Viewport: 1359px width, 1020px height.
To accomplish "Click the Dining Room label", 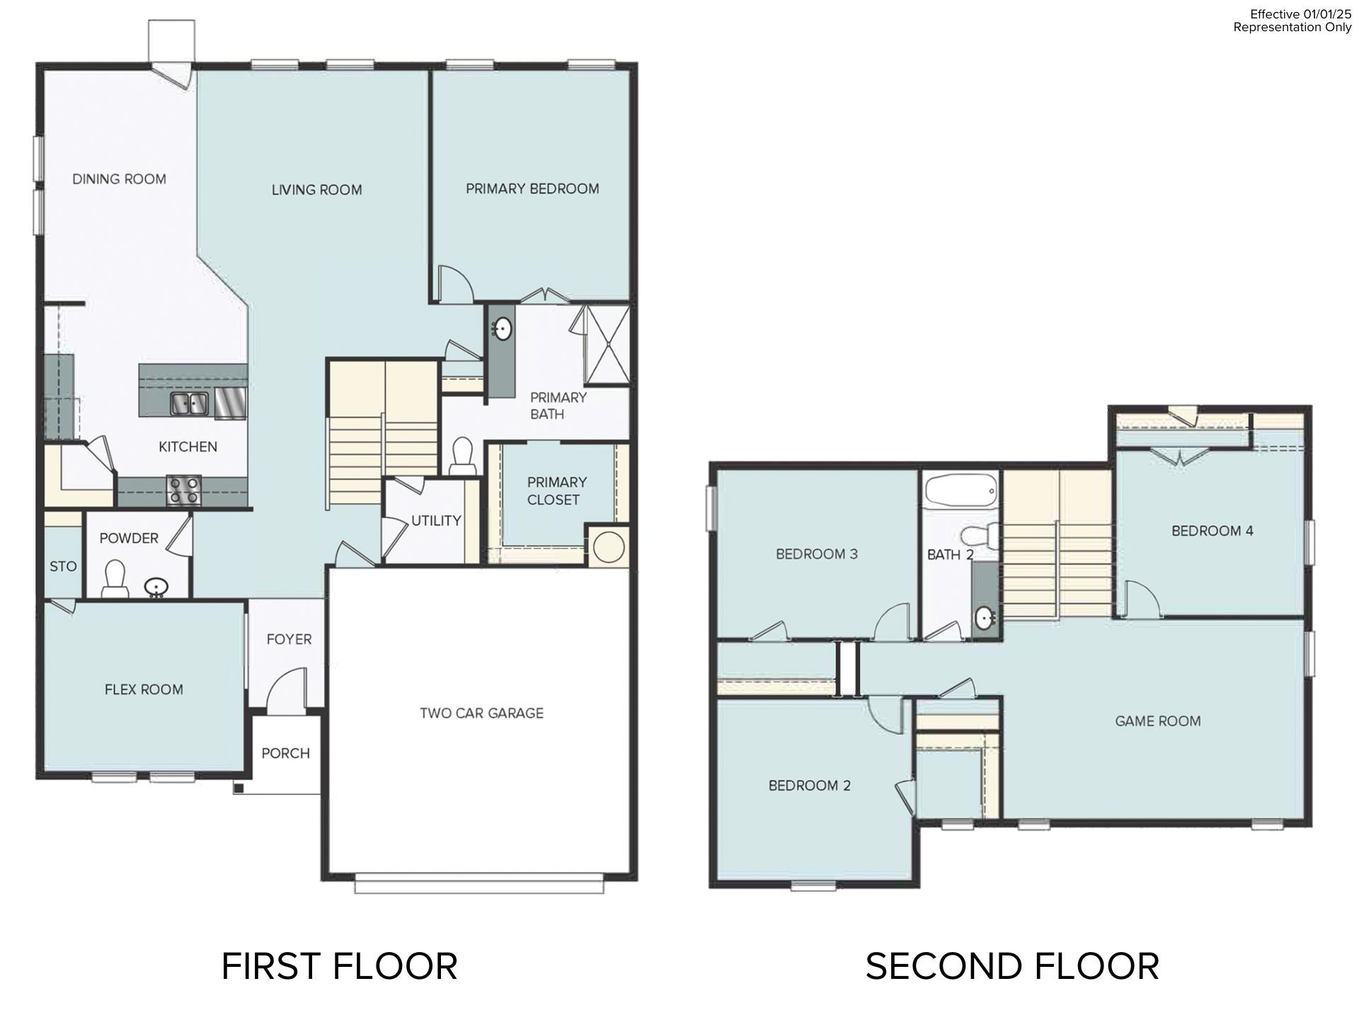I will point(119,179).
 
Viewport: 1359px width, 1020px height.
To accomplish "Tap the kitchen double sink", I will point(189,404).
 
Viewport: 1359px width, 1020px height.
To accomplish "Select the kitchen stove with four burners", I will point(183,490).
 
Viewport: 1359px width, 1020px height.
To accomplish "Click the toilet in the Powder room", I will point(114,577).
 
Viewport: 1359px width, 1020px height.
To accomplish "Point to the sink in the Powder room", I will point(156,587).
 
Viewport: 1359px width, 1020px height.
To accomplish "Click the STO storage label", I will point(63,566).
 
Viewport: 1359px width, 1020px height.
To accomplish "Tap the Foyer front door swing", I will point(287,691).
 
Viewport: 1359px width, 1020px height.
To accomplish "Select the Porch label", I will point(285,753).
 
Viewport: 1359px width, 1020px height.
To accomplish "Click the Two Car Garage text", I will point(481,713).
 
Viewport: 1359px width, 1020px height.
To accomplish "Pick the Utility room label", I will point(436,521).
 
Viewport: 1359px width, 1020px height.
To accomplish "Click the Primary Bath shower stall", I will point(607,345).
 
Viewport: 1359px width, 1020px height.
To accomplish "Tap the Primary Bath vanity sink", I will point(503,329).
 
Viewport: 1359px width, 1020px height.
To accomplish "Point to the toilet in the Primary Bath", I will point(462,455).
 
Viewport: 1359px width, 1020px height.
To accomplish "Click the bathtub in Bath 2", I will point(961,490).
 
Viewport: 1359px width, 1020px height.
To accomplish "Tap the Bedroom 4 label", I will point(1212,531).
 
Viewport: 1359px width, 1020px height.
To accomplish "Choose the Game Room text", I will point(1157,721).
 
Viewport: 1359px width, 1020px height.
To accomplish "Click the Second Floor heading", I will point(1011,966).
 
